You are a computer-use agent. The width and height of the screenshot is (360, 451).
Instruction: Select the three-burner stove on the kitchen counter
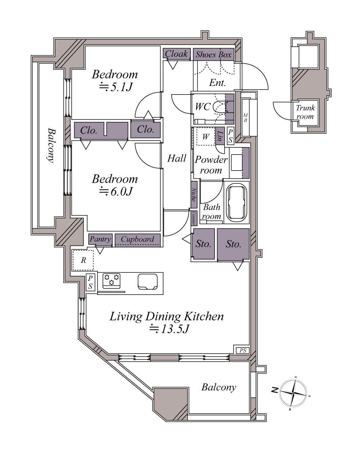click(111, 281)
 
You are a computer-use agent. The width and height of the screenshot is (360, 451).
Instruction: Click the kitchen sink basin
click(148, 282)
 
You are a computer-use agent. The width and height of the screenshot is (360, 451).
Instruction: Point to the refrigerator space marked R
click(83, 260)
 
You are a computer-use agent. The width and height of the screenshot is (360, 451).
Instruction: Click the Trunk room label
click(305, 112)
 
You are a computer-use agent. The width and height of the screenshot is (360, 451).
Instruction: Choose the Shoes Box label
click(213, 55)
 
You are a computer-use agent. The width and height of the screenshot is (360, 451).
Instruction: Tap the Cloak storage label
click(176, 54)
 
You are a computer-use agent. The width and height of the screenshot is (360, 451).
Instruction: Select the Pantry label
click(100, 239)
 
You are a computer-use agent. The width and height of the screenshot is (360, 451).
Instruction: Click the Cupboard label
click(138, 239)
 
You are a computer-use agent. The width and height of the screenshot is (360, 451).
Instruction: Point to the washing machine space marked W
click(206, 136)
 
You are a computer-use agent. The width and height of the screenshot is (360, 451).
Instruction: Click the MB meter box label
click(245, 118)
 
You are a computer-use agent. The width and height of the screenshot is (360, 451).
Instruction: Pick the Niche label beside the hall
click(194, 194)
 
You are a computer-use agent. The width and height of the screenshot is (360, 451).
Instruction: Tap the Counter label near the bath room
click(194, 218)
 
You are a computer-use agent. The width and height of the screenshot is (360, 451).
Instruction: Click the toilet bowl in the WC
click(220, 107)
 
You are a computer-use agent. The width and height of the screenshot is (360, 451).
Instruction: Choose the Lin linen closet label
click(220, 136)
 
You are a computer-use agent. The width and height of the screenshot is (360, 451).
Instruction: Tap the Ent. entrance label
click(217, 83)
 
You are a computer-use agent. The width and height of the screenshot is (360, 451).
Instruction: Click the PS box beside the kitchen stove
click(90, 282)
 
